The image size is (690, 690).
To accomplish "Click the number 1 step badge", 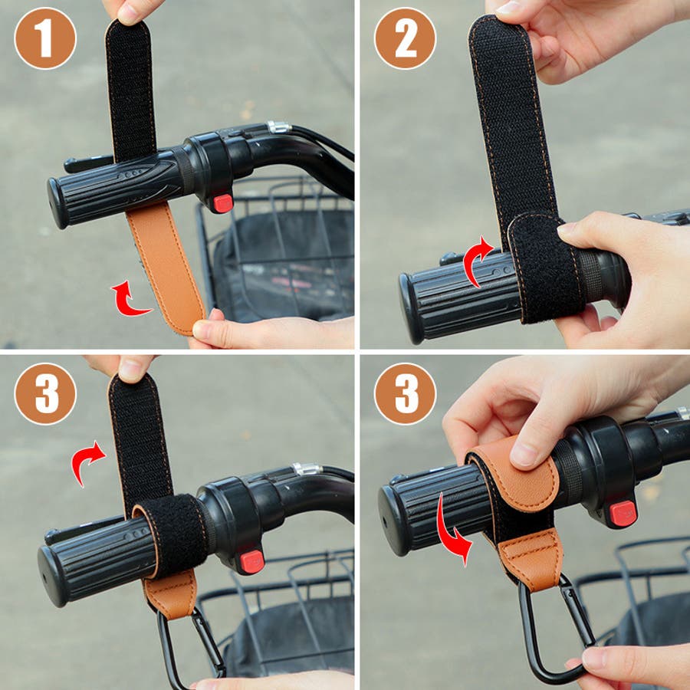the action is (x=45, y=38).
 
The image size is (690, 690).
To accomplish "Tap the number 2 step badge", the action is (x=406, y=38).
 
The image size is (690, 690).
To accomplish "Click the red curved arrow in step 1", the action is (x=129, y=299).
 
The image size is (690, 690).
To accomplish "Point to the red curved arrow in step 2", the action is (x=477, y=261).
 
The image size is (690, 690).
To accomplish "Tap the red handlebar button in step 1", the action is (x=223, y=203).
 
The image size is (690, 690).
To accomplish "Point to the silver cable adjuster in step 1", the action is (x=279, y=127).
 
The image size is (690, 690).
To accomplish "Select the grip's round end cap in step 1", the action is (x=58, y=203).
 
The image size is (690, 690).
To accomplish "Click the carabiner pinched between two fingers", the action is (x=555, y=629).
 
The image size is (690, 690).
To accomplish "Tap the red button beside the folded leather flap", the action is (x=623, y=513).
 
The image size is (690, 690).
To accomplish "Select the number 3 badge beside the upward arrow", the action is (x=45, y=393).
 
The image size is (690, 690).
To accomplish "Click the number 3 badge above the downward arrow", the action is (x=406, y=393).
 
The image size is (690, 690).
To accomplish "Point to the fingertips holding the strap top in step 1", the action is (x=132, y=11).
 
